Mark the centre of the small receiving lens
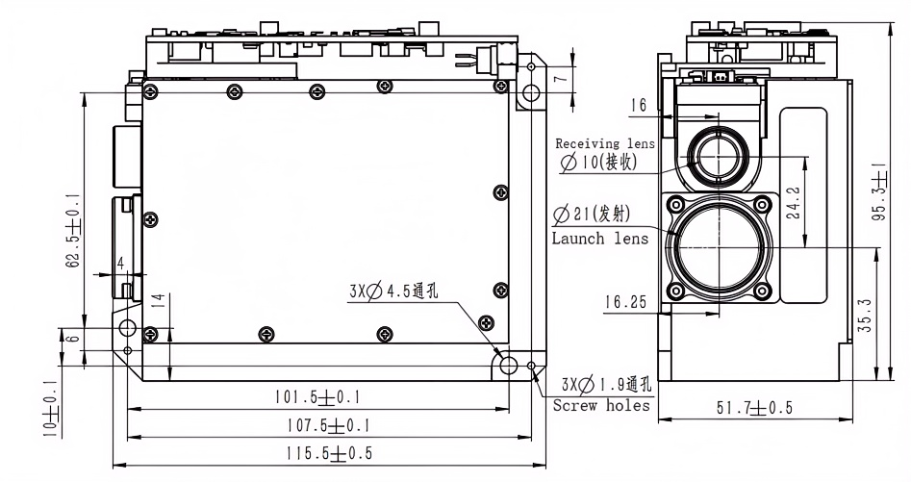click(717, 156)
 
